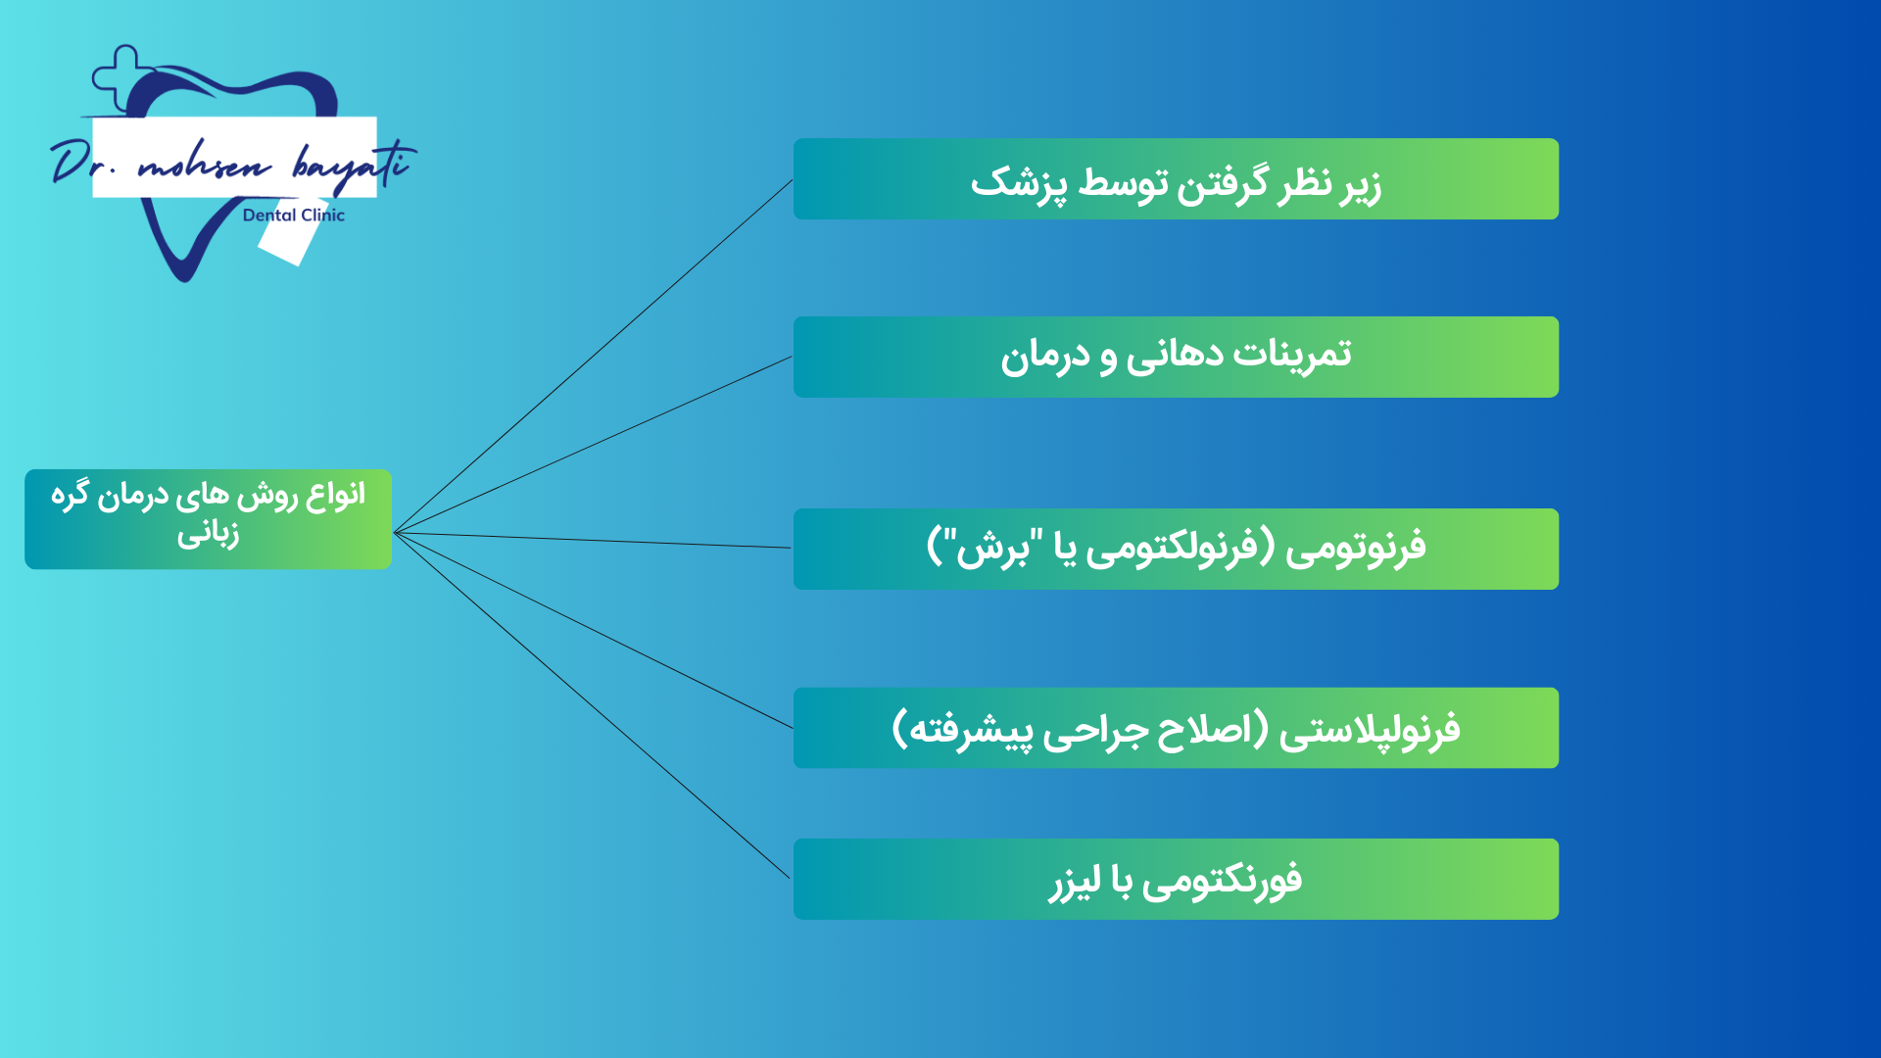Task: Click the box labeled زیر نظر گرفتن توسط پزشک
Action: coord(1176,178)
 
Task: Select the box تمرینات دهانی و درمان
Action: coord(1176,357)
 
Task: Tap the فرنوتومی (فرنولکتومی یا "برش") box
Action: coord(1176,549)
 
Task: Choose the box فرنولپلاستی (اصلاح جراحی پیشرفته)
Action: coord(1176,728)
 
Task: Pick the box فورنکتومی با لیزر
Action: coord(1176,879)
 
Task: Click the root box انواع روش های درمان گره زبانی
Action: coord(208,519)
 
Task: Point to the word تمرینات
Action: coord(1292,354)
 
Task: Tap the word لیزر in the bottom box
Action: coord(1076,882)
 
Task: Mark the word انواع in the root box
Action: coord(335,496)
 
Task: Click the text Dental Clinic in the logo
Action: coord(294,216)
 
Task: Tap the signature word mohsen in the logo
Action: coord(204,165)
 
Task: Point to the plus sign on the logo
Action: coord(122,75)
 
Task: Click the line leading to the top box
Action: coord(593,357)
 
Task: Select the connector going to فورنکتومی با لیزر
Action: coord(592,705)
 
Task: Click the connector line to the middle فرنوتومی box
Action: coord(592,541)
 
